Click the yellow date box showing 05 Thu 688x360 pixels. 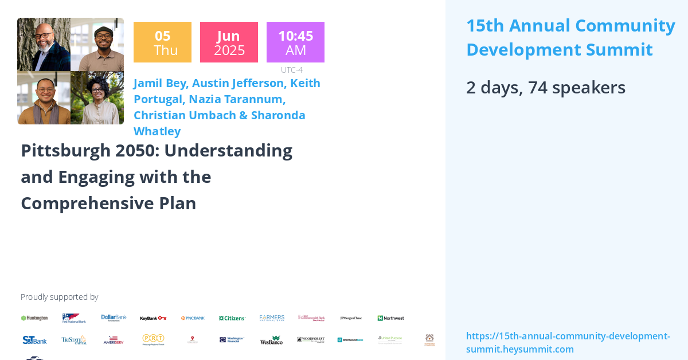tap(162, 42)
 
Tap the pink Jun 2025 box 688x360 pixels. tap(229, 42)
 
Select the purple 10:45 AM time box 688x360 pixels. tap(295, 42)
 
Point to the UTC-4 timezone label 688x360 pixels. tap(292, 70)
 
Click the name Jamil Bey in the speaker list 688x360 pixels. tap(160, 83)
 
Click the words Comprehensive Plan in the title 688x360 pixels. tap(108, 203)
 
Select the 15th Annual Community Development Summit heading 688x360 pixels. tap(570, 37)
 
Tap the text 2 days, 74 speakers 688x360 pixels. tap(545, 87)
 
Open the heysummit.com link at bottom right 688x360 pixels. tap(568, 342)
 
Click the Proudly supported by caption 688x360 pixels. tap(59, 297)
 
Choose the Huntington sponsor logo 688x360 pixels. tap(34, 318)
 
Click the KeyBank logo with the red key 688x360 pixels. tap(153, 318)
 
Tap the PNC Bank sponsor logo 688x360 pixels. tap(193, 318)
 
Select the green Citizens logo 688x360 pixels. tap(232, 318)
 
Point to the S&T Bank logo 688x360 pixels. tap(34, 340)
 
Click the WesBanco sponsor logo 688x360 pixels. tap(271, 340)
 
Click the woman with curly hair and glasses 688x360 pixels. tap(97, 97)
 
